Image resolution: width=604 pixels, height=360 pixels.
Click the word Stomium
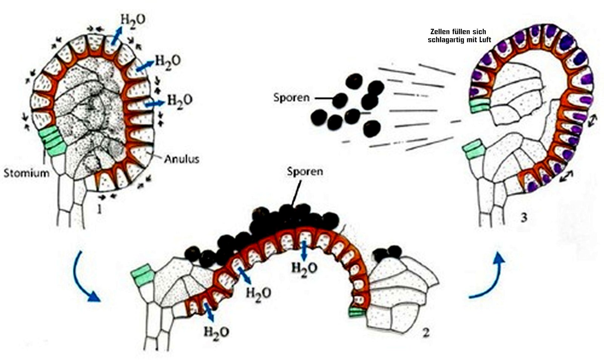(26, 173)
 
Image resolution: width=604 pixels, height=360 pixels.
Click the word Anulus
(182, 159)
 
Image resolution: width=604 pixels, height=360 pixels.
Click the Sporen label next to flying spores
(291, 98)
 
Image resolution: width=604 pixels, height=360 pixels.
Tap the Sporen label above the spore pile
(305, 171)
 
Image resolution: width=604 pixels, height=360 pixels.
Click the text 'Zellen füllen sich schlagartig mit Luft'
(459, 36)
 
